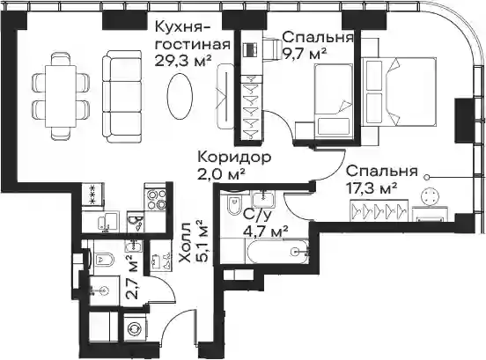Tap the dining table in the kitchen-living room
point(61,96)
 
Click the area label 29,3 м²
point(183,61)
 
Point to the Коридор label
point(234,158)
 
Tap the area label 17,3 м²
point(372,187)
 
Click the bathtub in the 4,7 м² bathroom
point(278,252)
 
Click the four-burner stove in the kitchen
point(156,198)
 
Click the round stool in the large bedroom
point(431,196)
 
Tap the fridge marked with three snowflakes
point(93,195)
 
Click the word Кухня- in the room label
point(182,27)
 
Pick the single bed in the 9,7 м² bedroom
point(334,100)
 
